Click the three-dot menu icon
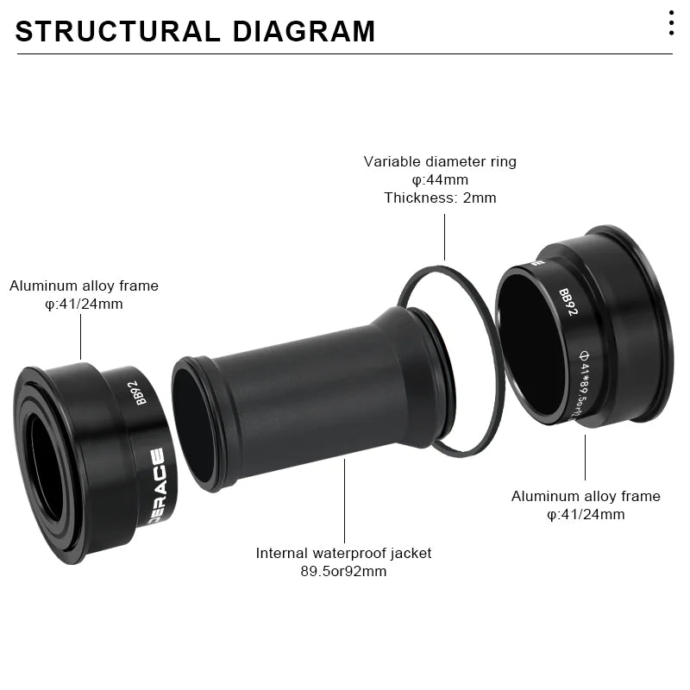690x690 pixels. click(x=671, y=22)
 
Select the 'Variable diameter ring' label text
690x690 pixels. click(x=440, y=161)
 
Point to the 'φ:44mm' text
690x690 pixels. click(x=440, y=179)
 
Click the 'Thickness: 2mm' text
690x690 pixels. click(x=440, y=198)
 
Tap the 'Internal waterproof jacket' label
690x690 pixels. click(x=343, y=553)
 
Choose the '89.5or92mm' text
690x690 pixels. click(x=343, y=571)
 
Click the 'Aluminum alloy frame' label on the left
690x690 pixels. click(x=84, y=285)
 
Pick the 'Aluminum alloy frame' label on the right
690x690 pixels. click(x=586, y=496)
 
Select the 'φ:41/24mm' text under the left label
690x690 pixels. click(x=84, y=304)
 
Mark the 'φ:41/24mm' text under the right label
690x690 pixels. click(x=586, y=515)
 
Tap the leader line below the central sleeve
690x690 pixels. click(x=344, y=500)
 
